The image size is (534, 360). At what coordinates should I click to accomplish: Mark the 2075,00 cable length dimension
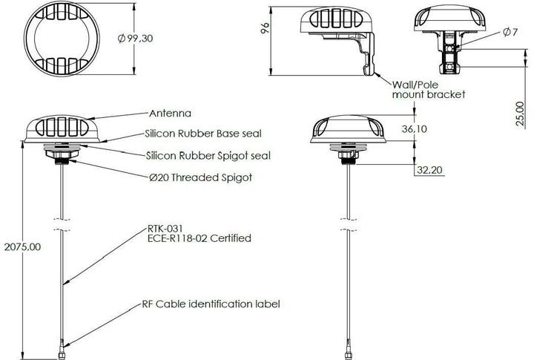point(21,245)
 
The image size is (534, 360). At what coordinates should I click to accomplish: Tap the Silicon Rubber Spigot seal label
point(207,155)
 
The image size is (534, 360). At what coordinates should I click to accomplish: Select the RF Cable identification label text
point(211,304)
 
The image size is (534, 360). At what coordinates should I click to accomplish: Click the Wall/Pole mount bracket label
point(426,89)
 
